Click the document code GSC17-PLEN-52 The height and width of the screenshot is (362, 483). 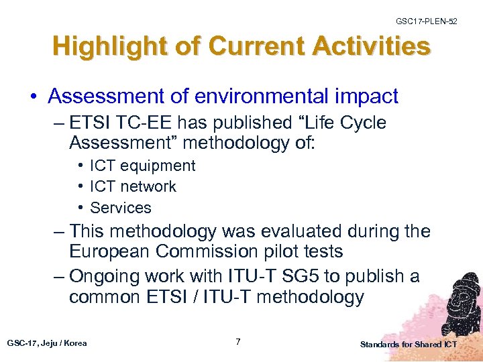[x=426, y=21]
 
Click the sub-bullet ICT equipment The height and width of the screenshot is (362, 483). [x=142, y=166]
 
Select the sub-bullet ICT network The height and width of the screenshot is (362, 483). [x=133, y=186]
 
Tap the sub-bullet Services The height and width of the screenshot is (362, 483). [x=121, y=208]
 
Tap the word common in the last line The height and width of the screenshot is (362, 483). [x=111, y=297]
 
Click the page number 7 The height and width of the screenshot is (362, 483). [x=238, y=342]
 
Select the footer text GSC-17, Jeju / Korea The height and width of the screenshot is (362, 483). [x=47, y=343]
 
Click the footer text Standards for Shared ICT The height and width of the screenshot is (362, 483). [x=408, y=345]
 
